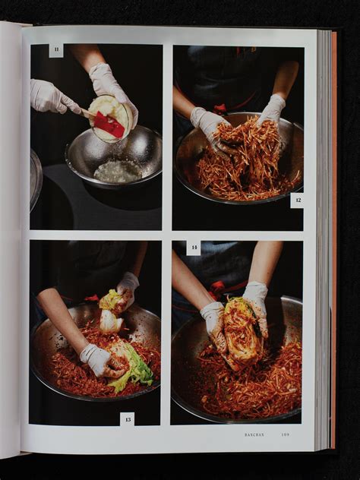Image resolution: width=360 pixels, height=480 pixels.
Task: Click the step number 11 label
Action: click(56, 51)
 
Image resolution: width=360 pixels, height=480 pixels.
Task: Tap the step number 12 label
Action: click(297, 201)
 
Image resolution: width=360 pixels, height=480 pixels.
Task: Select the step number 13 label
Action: click(127, 418)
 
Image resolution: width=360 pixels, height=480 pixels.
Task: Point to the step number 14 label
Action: click(194, 248)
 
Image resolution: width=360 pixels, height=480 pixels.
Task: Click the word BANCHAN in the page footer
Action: click(254, 434)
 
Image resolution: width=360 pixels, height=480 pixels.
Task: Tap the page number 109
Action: click(285, 434)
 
